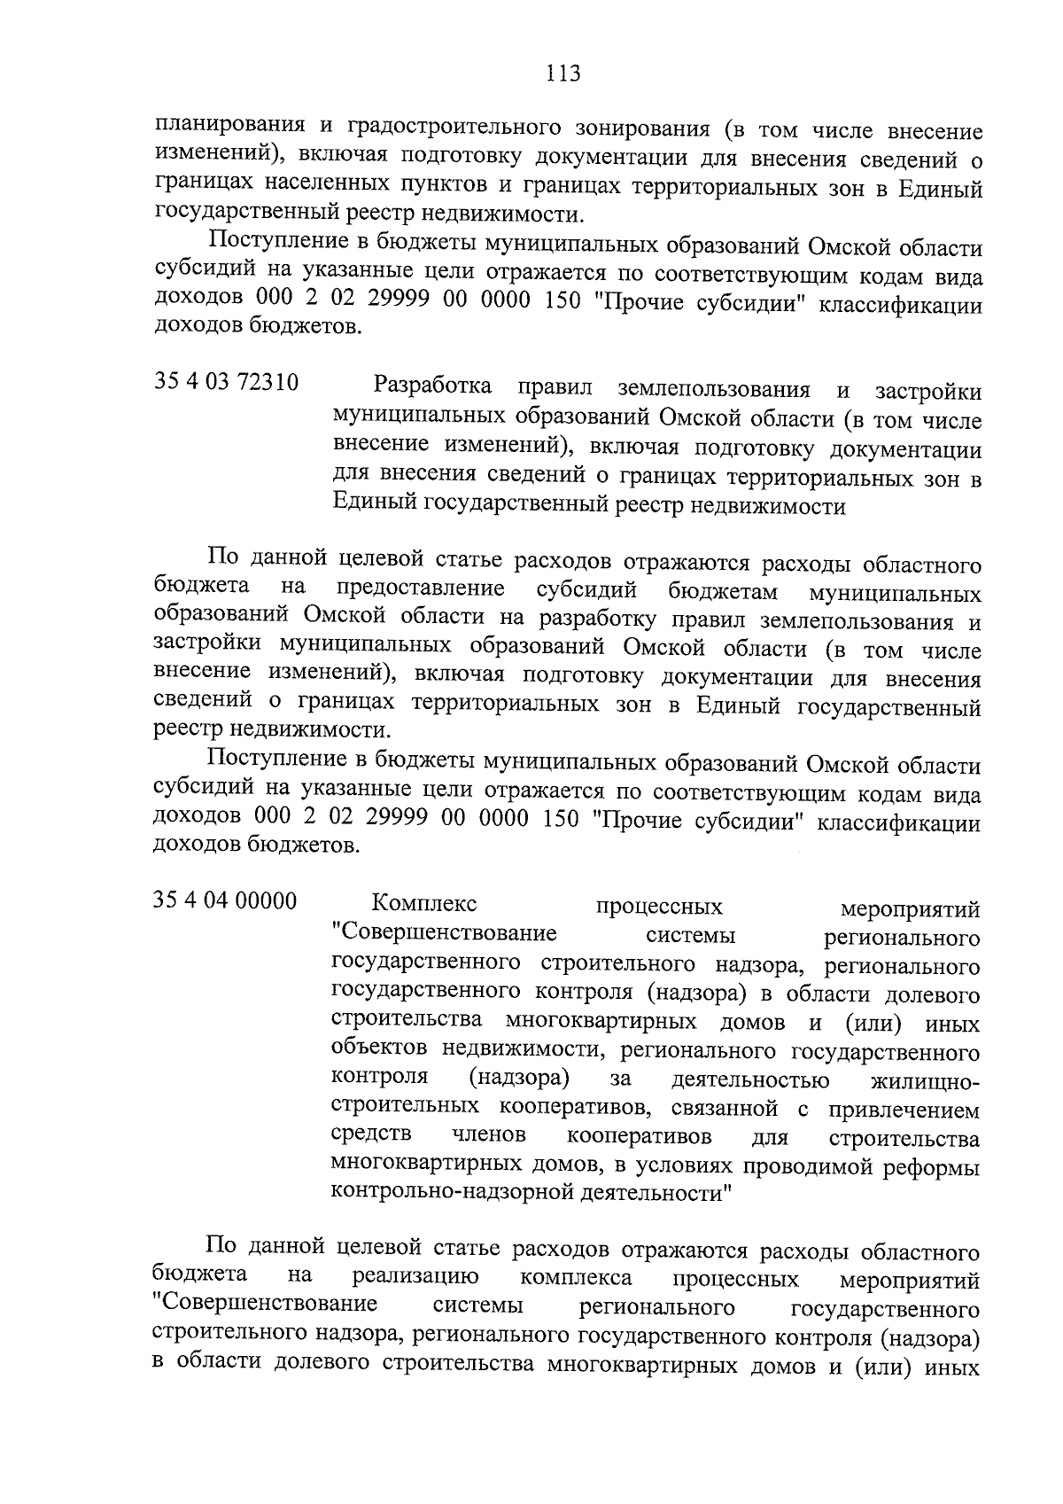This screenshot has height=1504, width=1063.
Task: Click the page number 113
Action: (563, 74)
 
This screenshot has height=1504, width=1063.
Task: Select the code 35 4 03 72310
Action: (227, 383)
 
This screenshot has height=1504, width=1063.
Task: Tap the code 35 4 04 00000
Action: (225, 900)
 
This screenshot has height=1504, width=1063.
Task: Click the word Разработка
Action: (434, 387)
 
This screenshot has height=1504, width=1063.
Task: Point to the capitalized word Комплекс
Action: (424, 905)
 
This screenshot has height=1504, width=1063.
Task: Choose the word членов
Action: (488, 1135)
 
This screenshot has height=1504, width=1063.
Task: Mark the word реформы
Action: (937, 1166)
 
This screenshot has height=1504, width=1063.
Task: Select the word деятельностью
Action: (750, 1081)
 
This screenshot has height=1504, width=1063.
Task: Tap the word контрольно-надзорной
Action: (443, 1193)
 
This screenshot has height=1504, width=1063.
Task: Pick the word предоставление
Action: (421, 588)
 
